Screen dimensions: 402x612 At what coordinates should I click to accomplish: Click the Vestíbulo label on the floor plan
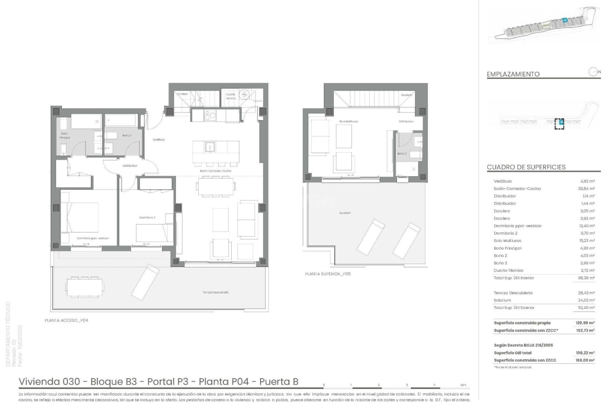[x=159, y=139]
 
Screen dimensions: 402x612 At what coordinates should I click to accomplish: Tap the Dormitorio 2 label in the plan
[x=147, y=218]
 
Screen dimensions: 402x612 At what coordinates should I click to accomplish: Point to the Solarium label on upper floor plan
[x=345, y=213]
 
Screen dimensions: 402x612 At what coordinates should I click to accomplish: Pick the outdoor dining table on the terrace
[x=81, y=285]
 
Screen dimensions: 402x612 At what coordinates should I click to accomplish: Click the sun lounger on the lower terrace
[x=145, y=281]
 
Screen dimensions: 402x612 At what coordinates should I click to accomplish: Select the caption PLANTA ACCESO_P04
[x=66, y=320]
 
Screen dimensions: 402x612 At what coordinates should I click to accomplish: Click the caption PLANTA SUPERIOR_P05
[x=328, y=274]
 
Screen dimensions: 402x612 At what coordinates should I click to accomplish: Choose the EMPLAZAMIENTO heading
[x=513, y=74]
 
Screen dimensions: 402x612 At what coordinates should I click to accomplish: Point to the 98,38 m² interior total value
[x=586, y=278]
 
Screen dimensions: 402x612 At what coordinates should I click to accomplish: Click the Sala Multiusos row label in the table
[x=507, y=241]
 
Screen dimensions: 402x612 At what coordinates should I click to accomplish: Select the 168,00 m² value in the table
[x=585, y=360]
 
